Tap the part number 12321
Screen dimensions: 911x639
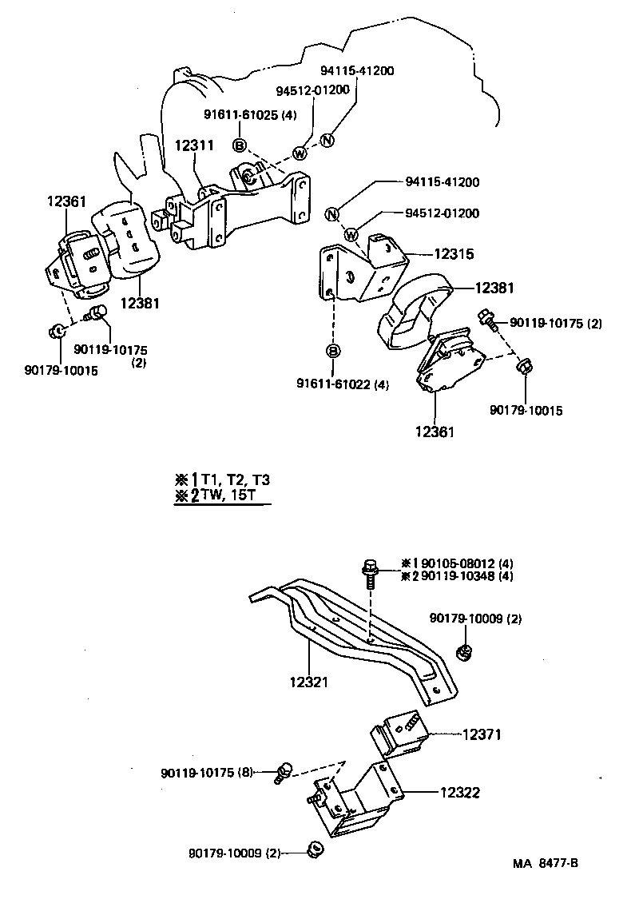[x=309, y=682]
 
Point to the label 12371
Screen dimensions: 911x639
[x=481, y=734]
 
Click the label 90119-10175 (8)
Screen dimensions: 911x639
[x=207, y=773]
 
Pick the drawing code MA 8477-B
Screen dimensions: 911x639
[x=546, y=863]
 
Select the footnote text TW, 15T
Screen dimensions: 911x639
[x=231, y=495]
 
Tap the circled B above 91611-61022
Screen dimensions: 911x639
[x=333, y=351]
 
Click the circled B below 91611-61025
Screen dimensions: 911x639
[x=239, y=145]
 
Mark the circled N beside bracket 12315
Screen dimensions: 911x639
[x=332, y=213]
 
